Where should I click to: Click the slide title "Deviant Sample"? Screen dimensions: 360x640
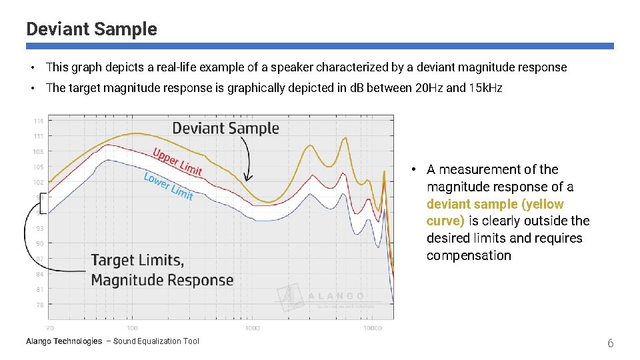[91, 29]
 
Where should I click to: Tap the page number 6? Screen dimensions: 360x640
[609, 343]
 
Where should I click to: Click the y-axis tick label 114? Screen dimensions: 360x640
[39, 121]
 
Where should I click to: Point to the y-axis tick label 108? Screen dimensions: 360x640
[39, 151]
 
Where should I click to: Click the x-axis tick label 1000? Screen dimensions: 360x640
[252, 328]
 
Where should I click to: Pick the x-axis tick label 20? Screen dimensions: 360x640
[50, 328]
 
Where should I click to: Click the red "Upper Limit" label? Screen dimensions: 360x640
[177, 161]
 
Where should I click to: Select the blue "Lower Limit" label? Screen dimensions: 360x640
[169, 185]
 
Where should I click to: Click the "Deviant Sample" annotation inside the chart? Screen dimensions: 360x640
[225, 128]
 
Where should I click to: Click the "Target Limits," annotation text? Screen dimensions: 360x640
[137, 260]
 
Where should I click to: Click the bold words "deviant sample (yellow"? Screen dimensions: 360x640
[495, 204]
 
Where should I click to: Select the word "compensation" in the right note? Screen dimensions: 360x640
[469, 255]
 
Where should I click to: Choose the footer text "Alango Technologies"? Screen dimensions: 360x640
[64, 341]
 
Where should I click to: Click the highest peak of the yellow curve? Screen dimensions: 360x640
[345, 138]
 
